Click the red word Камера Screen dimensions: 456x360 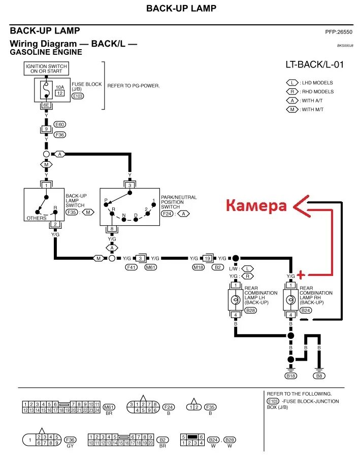click(256, 205)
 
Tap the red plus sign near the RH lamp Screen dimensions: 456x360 click(301, 275)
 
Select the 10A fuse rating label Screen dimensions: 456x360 click(59, 87)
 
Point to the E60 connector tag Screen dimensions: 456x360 click(59, 124)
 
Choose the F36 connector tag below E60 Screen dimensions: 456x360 click(59, 134)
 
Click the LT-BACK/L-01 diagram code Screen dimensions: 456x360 click(314, 65)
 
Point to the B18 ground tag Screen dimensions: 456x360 click(290, 376)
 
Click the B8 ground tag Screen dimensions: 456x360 click(319, 376)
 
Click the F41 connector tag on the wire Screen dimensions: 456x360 click(132, 267)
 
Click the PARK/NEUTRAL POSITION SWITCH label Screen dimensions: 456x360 click(178, 202)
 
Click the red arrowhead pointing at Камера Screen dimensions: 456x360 click(297, 205)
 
